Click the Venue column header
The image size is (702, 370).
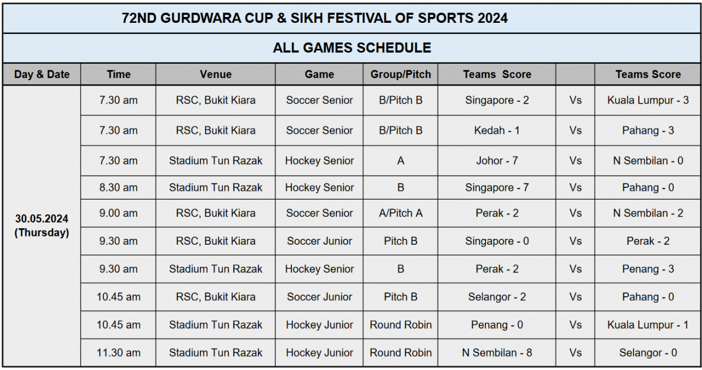(216, 74)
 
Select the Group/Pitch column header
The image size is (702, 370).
(401, 74)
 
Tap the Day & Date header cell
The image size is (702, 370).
(42, 74)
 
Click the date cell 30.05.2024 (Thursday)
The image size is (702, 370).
(42, 225)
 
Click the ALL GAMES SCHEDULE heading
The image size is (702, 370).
(352, 48)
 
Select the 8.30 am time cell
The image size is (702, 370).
(118, 187)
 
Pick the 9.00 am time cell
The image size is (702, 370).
(118, 213)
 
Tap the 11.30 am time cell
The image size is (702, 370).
(118, 353)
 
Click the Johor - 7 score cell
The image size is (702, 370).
(497, 161)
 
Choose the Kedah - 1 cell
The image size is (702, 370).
(497, 131)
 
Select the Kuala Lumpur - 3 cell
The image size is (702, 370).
(648, 100)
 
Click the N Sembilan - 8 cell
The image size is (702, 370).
(497, 353)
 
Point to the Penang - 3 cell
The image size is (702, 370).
(648, 269)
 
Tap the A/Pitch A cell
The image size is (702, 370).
(401, 213)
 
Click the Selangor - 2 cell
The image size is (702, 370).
(497, 297)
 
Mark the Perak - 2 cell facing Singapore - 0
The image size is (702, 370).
(648, 241)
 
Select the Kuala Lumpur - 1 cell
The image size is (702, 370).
(648, 325)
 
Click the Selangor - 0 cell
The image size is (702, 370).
(648, 353)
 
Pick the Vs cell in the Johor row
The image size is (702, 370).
(575, 161)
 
